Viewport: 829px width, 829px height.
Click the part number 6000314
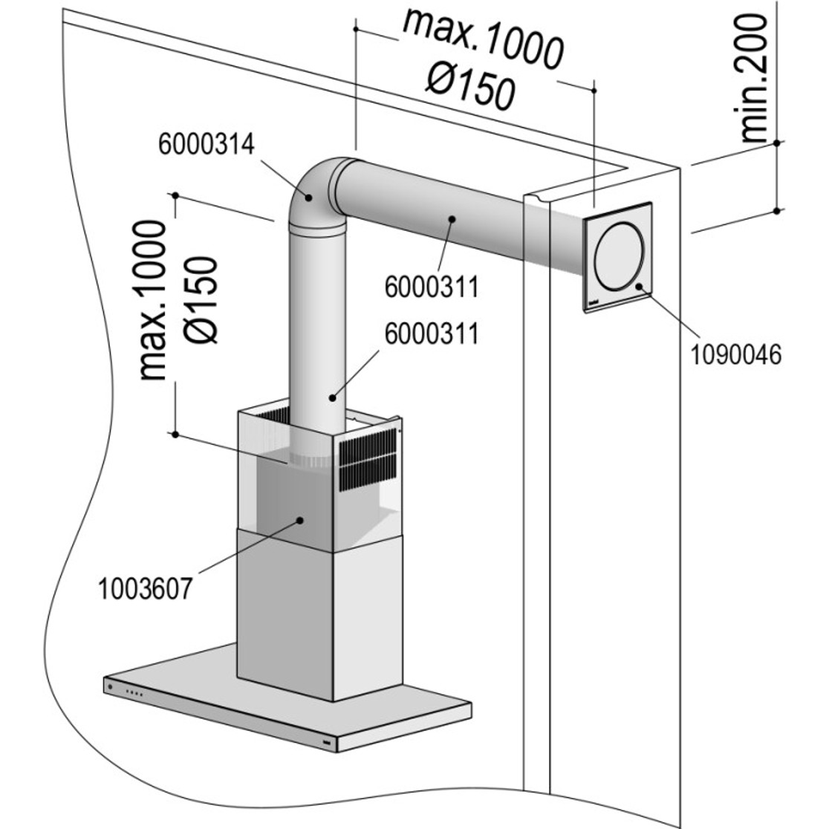click(206, 144)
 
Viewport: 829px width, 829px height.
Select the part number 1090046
click(736, 354)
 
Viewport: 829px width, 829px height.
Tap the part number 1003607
click(145, 589)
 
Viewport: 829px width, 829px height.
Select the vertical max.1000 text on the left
click(154, 300)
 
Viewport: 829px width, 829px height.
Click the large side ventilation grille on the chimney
click(368, 461)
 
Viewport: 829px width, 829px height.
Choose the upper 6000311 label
click(430, 287)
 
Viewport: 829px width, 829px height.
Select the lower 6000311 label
click(430, 334)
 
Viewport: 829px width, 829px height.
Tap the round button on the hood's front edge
click(111, 686)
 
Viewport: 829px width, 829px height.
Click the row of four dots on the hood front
click(135, 694)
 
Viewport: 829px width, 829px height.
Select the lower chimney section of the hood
click(319, 609)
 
